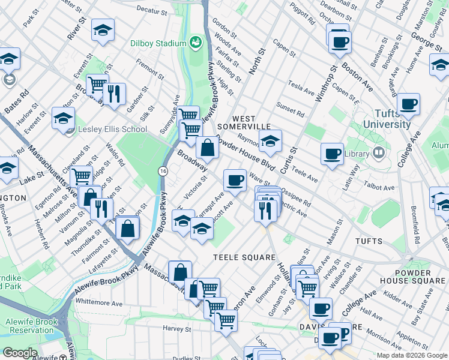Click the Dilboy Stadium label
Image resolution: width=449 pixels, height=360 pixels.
(x=158, y=43)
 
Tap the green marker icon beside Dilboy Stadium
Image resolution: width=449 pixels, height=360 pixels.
(x=195, y=42)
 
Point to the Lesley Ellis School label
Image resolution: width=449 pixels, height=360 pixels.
(x=112, y=129)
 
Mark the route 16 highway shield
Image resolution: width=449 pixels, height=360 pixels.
(x=163, y=172)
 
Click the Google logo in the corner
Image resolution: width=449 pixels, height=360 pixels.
(x=20, y=353)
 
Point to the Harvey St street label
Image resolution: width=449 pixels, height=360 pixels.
(x=176, y=328)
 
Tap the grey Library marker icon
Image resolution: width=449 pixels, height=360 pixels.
(x=378, y=153)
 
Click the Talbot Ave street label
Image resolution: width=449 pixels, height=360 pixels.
(x=381, y=188)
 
